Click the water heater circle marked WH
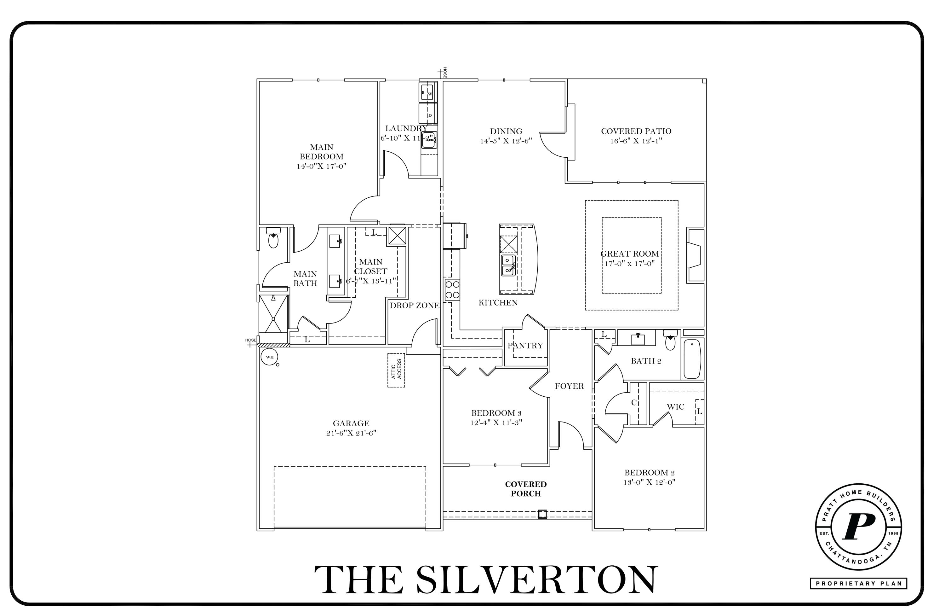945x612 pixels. tap(270, 357)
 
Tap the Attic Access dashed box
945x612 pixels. tap(396, 370)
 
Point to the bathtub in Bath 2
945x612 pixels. tap(692, 359)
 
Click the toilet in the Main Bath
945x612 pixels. tap(273, 237)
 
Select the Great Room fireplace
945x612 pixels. tap(695, 255)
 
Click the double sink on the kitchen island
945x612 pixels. tap(508, 265)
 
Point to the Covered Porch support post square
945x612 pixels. tap(542, 514)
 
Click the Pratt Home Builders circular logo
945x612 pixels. tap(858, 527)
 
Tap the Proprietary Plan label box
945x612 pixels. tap(858, 583)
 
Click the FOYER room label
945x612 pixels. tap(570, 386)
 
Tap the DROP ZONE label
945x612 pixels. tap(415, 305)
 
